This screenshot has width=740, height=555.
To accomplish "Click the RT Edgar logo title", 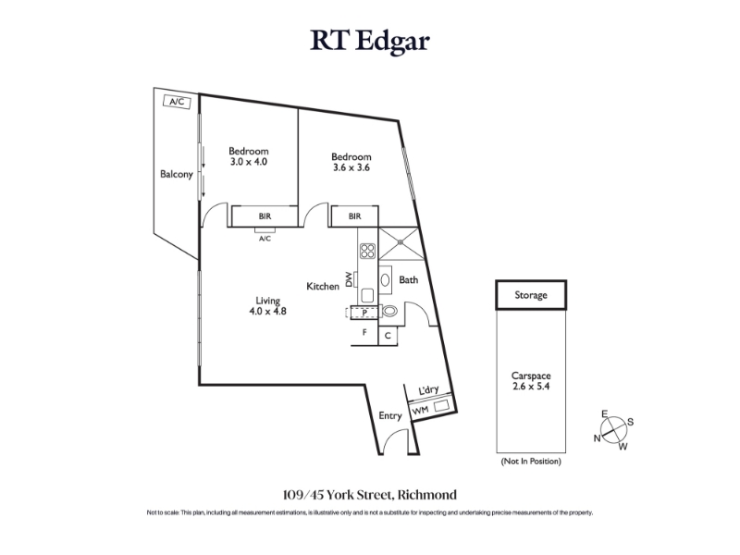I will point(369,42).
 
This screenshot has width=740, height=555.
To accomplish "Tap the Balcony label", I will point(176,174).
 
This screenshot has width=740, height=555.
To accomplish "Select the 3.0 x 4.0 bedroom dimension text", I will point(249,162).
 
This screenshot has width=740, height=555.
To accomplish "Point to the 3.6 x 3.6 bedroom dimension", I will point(351,167).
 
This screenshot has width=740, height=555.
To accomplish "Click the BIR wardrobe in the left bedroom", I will point(265,216).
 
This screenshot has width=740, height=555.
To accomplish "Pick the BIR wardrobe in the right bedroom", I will point(354,216).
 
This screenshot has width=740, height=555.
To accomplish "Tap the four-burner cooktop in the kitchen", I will point(366,250).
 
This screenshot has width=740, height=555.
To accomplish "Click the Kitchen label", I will point(323,287).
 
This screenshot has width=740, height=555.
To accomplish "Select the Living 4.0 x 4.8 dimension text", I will point(267,312).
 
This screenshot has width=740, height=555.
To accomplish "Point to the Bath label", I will point(409,279).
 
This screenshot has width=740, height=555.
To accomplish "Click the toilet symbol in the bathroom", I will point(388,311).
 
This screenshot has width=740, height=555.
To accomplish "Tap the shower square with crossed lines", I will point(400,241).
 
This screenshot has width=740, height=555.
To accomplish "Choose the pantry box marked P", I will point(366,313).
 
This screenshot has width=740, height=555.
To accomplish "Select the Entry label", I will point(390,416).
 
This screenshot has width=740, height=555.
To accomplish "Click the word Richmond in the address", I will point(425,495).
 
